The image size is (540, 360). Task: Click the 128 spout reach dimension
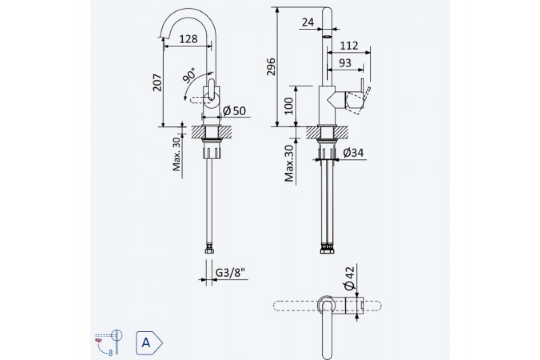(188, 39)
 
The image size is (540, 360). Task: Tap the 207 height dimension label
(157, 83)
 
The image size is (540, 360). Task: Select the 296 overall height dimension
(271, 67)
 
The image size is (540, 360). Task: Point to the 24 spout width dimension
(308, 22)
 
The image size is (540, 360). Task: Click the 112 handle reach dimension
(349, 45)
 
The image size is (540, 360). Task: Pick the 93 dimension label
(345, 63)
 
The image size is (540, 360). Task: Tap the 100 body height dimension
(288, 106)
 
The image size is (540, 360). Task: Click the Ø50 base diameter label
(234, 111)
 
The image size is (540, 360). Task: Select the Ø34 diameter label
(353, 153)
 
